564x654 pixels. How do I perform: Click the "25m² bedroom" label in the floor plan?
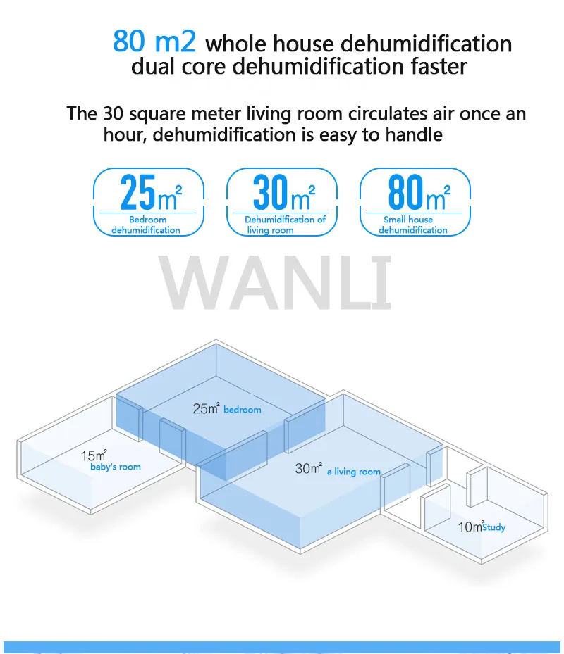tap(227, 408)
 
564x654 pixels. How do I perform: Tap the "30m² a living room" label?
tap(337, 470)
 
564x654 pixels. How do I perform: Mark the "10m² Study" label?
tap(482, 527)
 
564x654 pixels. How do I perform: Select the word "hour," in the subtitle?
tap(123, 134)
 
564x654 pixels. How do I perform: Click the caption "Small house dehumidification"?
tap(412, 225)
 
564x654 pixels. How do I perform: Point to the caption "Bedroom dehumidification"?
tap(146, 225)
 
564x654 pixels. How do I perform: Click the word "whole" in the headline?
tap(238, 44)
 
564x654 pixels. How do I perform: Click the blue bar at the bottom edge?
tap(282, 647)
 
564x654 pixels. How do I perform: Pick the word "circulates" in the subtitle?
tap(388, 113)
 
